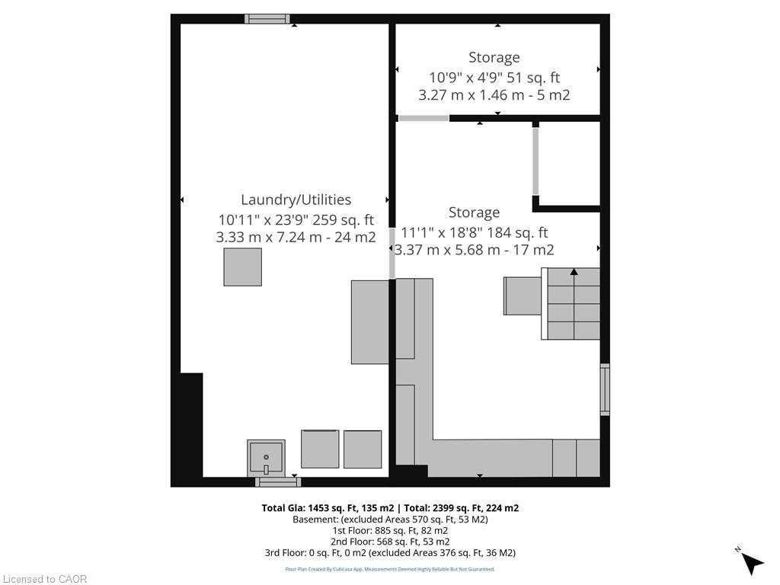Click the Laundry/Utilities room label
(296, 200)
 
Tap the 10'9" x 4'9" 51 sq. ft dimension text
(494, 78)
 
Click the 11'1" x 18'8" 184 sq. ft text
(475, 232)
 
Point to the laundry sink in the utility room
(266, 458)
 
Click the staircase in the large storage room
(571, 303)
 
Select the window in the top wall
(267, 19)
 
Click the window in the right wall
(605, 389)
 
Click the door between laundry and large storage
(392, 253)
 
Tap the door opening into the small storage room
(424, 118)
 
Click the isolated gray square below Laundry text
(243, 267)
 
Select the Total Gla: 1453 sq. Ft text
(328, 508)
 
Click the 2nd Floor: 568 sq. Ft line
(390, 542)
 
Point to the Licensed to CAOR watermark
(45, 579)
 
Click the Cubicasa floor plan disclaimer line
(390, 569)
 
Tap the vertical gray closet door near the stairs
(535, 161)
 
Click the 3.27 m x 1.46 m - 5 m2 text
(494, 95)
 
